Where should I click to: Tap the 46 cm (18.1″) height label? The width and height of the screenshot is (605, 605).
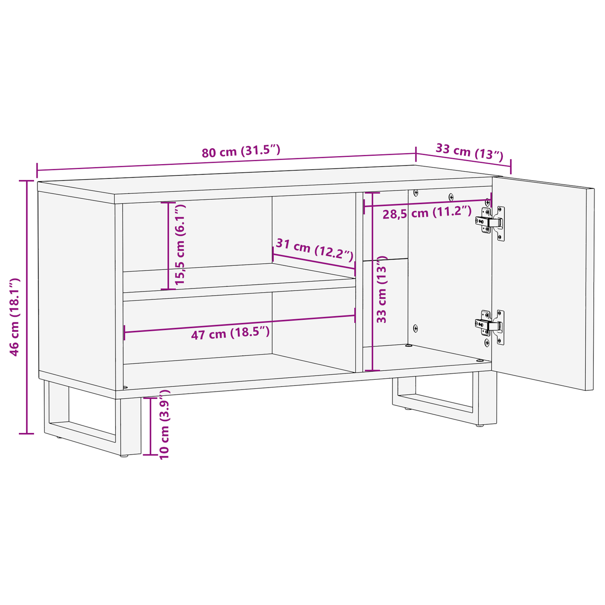click(15, 317)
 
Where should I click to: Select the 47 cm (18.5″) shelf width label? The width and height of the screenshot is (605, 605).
click(230, 334)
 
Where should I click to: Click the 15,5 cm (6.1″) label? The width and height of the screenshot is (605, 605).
click(180, 245)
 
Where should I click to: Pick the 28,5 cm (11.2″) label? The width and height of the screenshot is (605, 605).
click(427, 213)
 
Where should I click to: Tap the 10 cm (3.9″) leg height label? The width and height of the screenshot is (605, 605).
click(164, 425)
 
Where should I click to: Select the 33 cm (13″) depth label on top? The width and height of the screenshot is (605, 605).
click(469, 151)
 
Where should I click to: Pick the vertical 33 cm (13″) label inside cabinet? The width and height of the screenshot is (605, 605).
click(381, 291)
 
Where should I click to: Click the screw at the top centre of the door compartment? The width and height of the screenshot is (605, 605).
click(451, 197)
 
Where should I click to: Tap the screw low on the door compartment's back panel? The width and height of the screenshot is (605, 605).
click(415, 328)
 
